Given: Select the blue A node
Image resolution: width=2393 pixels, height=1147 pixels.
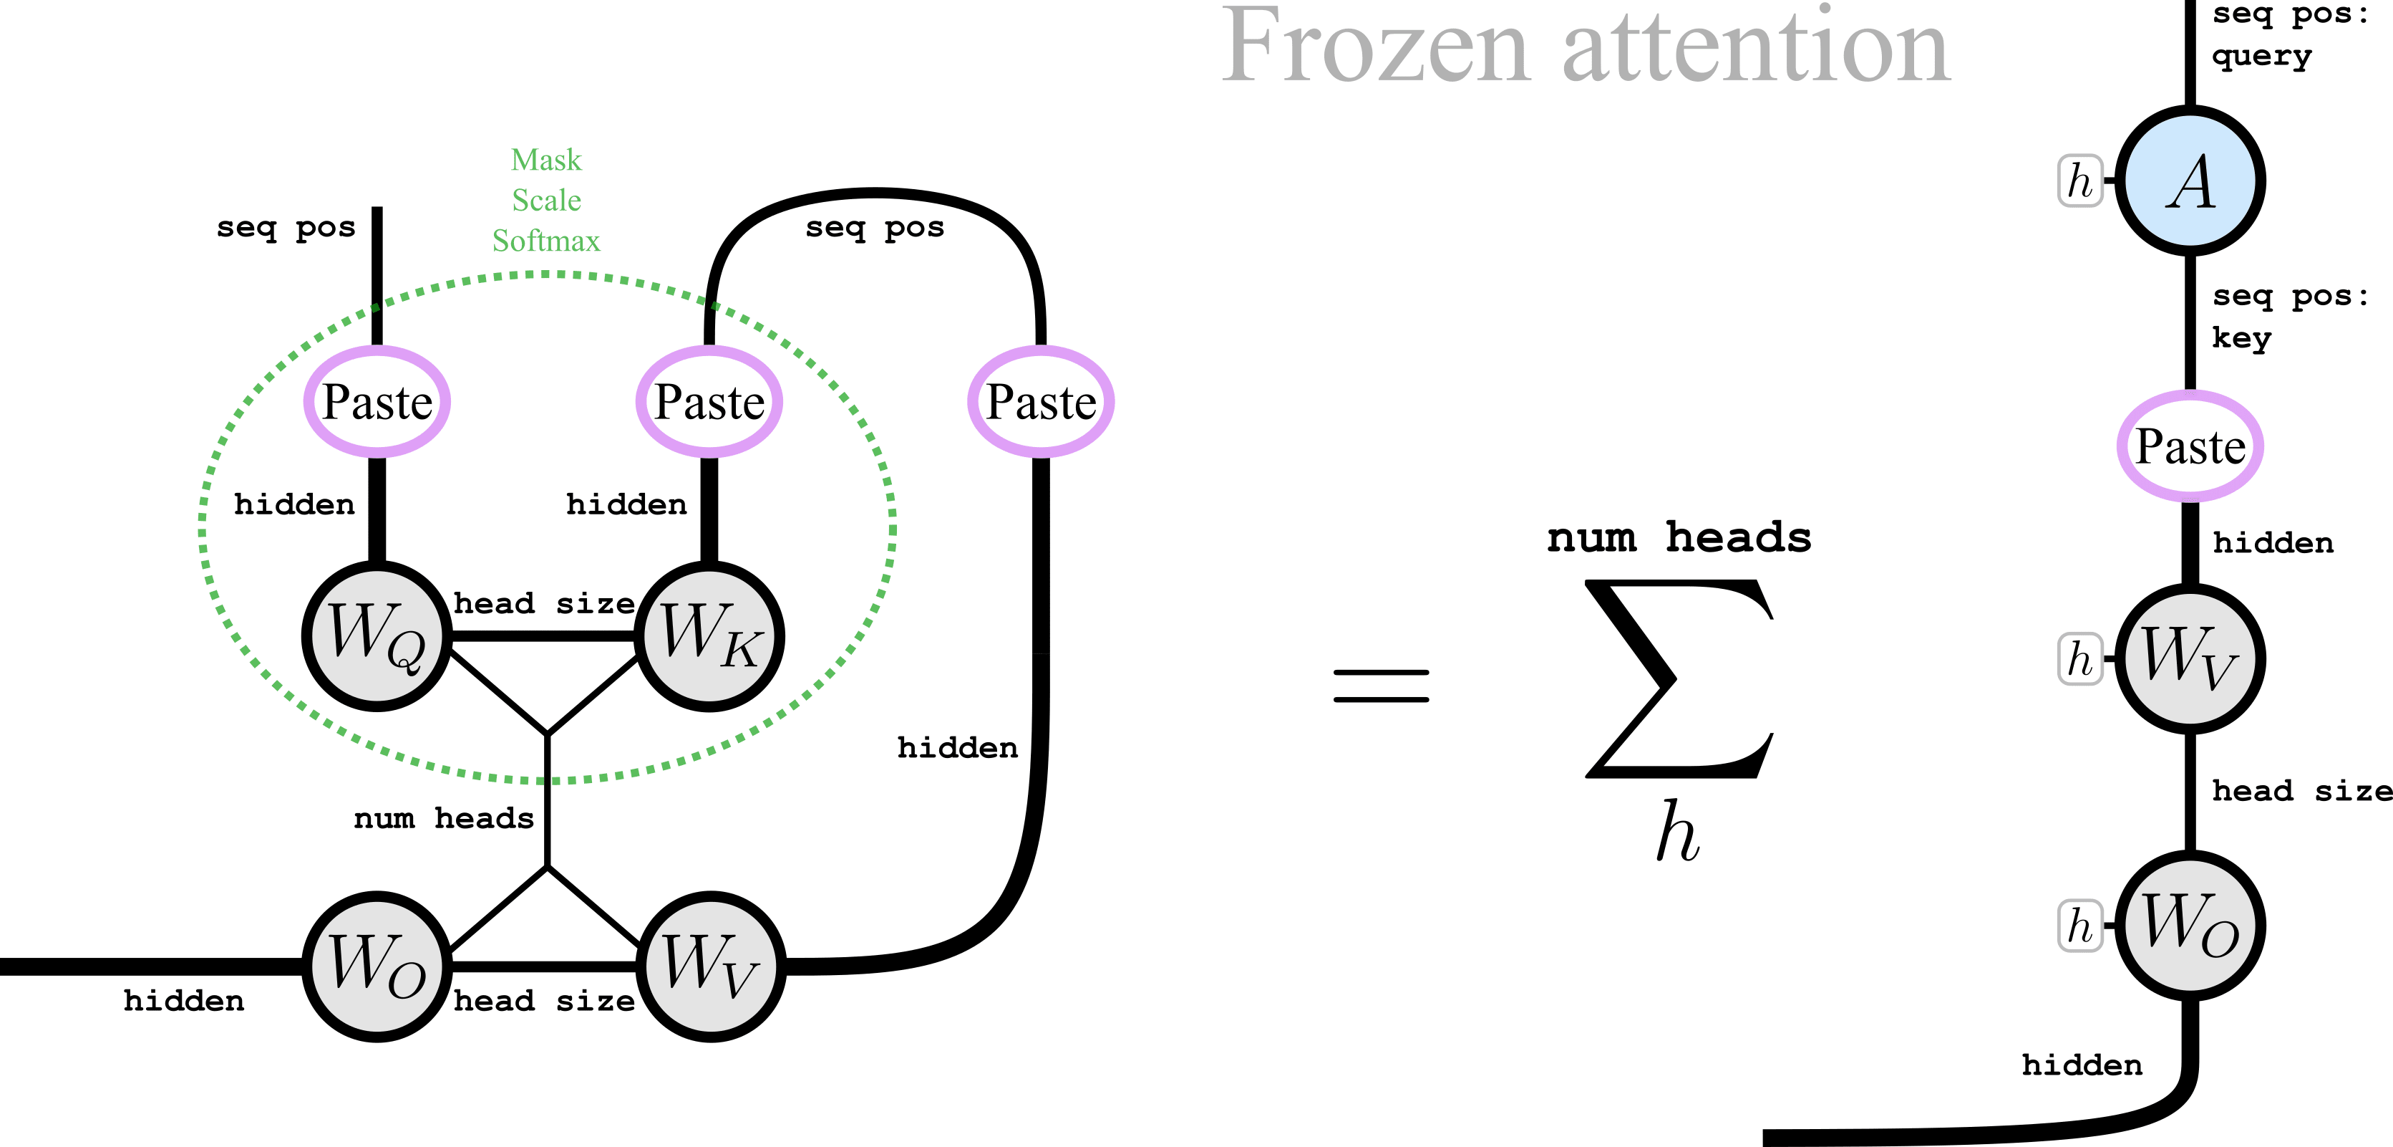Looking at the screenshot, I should coord(2190,181).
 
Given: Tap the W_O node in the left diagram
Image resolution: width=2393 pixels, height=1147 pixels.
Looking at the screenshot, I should coord(377,966).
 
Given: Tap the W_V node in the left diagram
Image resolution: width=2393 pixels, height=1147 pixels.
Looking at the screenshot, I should coord(711,966).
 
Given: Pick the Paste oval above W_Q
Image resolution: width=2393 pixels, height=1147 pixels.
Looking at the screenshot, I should coord(377,401).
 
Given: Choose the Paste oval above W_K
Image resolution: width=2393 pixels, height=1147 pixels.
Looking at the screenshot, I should coord(709,401).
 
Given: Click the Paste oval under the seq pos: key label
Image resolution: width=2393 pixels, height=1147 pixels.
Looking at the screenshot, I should coord(2190,446).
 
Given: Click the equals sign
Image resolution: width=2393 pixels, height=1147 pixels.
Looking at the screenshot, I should coord(1380,686).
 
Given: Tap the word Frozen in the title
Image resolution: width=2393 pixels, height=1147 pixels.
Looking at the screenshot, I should coord(1375,47).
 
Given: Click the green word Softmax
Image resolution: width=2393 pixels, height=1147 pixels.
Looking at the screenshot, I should coord(546,241).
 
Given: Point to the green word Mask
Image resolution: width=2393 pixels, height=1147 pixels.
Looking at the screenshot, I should coord(546,160).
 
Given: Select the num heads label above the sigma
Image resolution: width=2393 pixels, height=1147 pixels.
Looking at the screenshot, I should coord(1679,537).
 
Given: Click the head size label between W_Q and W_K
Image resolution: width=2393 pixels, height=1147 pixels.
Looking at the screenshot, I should coord(543,603).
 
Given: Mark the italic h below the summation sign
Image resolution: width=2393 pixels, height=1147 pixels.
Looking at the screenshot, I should coord(1678,832).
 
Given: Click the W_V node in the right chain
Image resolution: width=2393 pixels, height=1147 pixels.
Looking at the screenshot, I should coord(2190,658).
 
